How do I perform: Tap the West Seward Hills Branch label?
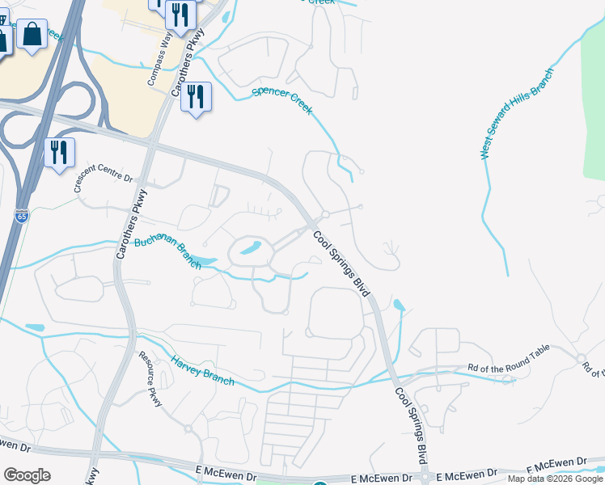[x=518, y=114]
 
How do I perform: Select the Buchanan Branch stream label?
[x=172, y=251]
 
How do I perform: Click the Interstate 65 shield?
[x=21, y=217]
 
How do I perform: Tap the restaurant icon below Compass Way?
[x=196, y=97]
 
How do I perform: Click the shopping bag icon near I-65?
[x=32, y=35]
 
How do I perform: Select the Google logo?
[x=27, y=475]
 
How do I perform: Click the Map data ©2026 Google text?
[x=555, y=479]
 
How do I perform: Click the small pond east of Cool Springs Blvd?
[x=398, y=306]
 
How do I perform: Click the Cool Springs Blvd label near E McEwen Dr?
[x=411, y=425]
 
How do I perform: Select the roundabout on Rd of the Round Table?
[x=580, y=359]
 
